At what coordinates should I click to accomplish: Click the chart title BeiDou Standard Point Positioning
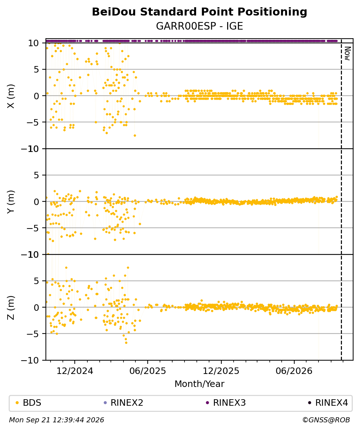click(199, 12)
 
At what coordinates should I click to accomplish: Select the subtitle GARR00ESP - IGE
click(199, 26)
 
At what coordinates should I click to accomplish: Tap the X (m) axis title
click(11, 96)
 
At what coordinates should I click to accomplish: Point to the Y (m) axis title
click(11, 201)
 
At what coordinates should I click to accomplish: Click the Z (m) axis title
click(11, 308)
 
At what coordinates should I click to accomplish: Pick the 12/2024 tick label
click(75, 371)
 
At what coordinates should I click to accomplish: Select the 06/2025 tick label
click(148, 371)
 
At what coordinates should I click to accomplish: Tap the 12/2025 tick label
click(221, 371)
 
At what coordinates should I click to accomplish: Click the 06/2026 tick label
click(294, 371)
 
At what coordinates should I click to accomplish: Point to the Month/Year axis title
click(199, 384)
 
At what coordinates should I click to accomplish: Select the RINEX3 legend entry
click(226, 403)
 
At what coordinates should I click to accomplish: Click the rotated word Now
click(347, 53)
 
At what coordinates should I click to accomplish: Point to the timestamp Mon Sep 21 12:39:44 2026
click(57, 420)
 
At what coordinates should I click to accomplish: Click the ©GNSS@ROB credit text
click(326, 420)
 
